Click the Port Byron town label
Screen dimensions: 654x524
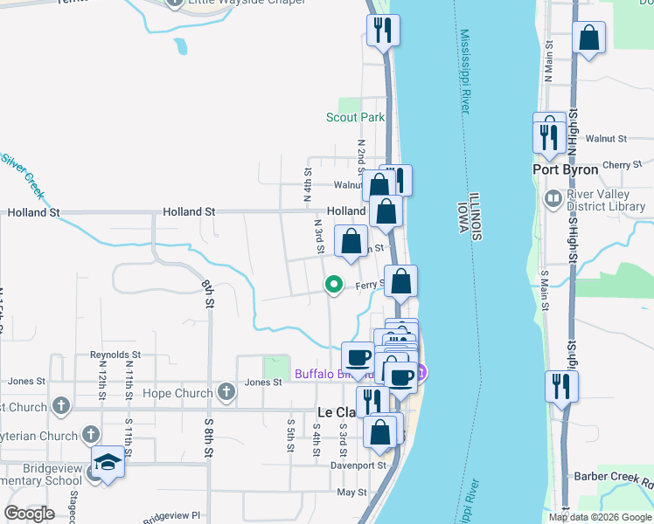(566, 169)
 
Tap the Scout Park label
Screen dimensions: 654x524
(355, 117)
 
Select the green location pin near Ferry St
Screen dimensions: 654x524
(333, 284)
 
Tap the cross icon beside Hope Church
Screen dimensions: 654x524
(226, 391)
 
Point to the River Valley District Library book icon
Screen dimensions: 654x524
(553, 199)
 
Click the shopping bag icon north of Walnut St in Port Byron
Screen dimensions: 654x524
(590, 38)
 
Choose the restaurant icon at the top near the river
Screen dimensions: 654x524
(382, 31)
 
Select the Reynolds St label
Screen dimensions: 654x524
(115, 355)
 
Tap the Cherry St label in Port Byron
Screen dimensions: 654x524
(622, 165)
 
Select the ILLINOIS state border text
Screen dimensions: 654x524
(475, 217)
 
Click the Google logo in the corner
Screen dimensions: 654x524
(30, 514)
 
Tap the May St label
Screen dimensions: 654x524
(351, 493)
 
